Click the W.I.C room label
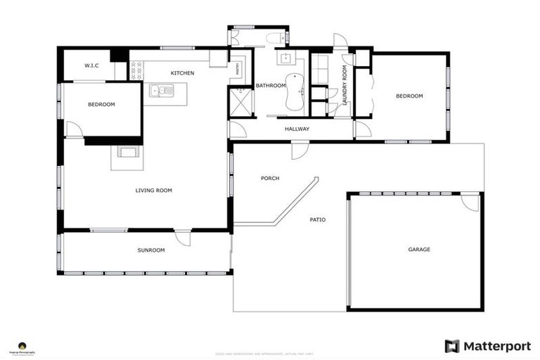(91, 65)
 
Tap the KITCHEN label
(182, 73)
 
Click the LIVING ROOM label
(153, 190)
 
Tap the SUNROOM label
(150, 250)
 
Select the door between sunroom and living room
(184, 238)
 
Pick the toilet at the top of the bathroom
(275, 38)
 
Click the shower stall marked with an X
(239, 101)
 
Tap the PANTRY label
(238, 68)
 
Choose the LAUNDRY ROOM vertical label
(345, 86)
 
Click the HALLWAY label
(297, 129)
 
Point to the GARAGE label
(419, 250)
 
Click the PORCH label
(270, 179)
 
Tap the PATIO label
(318, 220)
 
